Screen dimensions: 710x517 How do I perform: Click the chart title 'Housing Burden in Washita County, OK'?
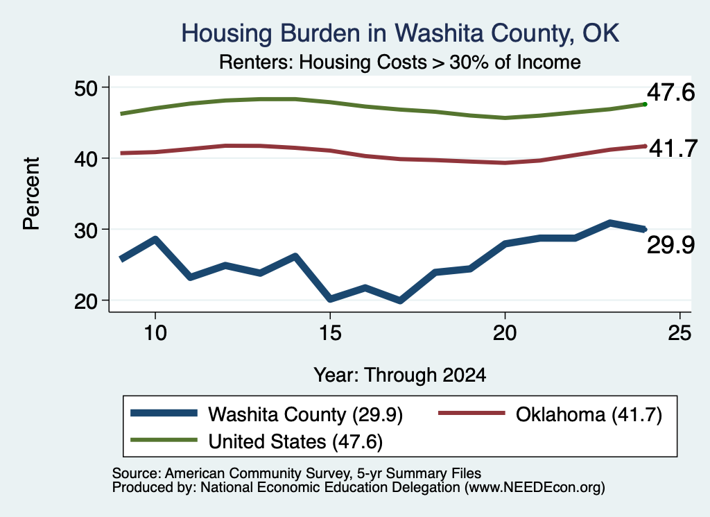(x=400, y=33)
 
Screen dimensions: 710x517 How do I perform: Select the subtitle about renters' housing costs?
(x=400, y=62)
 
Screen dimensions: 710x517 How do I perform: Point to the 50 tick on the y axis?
(x=86, y=87)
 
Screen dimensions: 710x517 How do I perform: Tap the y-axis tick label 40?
(x=86, y=159)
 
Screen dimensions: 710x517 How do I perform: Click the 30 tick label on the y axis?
(x=86, y=230)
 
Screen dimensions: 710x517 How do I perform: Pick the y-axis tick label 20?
(x=86, y=301)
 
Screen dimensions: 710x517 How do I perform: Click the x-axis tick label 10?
(x=155, y=333)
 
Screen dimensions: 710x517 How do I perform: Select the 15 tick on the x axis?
(x=330, y=333)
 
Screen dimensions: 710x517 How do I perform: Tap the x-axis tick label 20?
(x=505, y=333)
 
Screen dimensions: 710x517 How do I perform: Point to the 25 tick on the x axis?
(x=679, y=333)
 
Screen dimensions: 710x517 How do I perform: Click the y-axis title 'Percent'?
(x=32, y=194)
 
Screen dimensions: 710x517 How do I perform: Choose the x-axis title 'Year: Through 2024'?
(x=400, y=375)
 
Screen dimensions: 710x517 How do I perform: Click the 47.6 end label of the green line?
(x=670, y=92)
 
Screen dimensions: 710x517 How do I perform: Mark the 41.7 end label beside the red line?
(x=673, y=149)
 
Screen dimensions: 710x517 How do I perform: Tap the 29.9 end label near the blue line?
(x=670, y=245)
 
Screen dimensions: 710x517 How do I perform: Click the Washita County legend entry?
(x=267, y=414)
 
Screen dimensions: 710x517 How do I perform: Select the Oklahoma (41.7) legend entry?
(x=551, y=414)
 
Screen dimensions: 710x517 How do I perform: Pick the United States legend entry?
(x=257, y=441)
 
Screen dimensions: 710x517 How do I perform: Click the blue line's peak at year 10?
(x=155, y=239)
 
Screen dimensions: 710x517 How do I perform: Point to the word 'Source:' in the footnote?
(x=137, y=473)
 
